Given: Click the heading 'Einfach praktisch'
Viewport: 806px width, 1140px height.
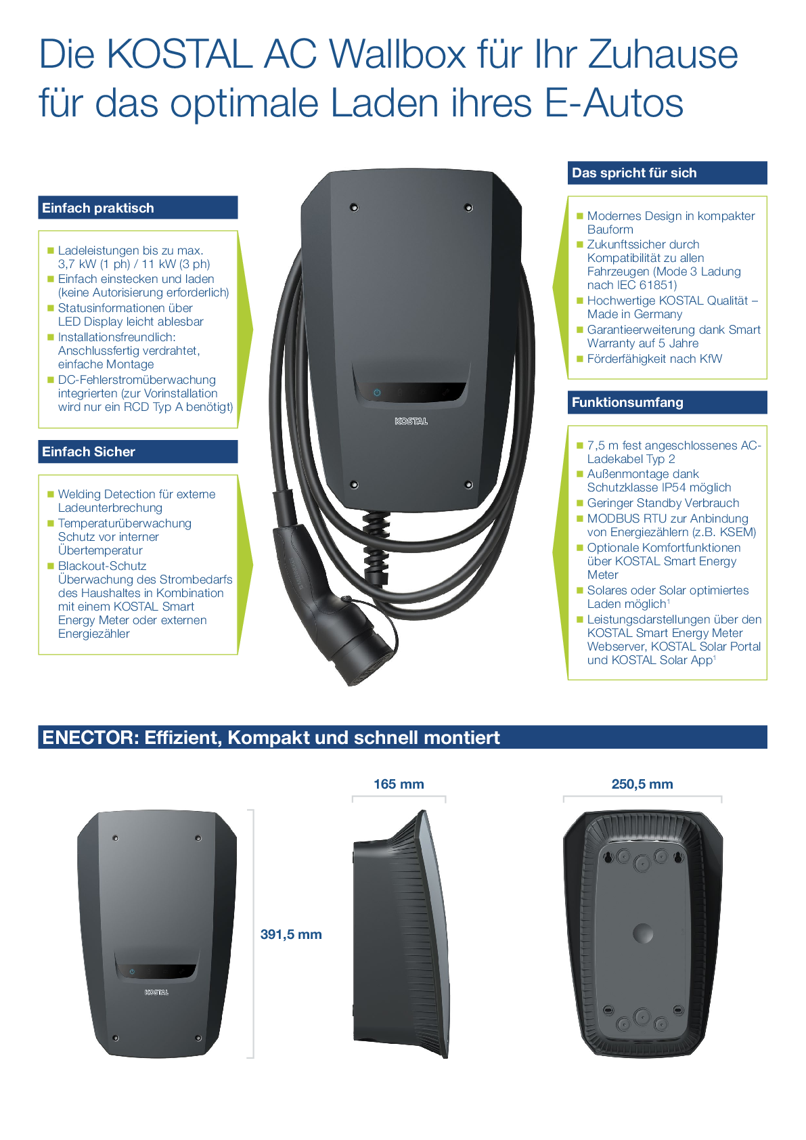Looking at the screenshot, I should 98,208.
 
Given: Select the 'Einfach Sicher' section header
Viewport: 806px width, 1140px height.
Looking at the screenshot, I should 89,452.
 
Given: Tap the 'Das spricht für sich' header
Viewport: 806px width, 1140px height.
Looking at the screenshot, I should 634,173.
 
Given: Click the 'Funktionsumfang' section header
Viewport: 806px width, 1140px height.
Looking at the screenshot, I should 627,402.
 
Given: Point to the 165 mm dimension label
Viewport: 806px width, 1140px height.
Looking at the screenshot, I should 399,784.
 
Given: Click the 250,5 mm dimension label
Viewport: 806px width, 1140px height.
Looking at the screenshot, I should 642,784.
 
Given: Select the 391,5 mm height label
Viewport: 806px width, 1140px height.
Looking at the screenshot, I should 291,934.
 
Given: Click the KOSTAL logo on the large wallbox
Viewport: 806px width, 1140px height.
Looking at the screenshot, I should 411,421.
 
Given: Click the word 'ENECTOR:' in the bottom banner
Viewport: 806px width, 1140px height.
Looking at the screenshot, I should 90,737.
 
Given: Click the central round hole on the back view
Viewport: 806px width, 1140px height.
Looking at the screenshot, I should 642,934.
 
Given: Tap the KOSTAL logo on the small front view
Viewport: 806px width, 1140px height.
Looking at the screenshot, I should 156,992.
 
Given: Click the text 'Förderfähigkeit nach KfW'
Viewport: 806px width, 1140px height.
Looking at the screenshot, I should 654,359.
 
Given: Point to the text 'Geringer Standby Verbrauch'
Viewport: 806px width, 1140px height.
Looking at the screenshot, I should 663,503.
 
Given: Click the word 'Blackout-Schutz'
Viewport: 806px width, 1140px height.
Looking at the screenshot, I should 102,566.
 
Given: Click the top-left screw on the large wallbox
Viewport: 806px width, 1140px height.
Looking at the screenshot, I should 353,207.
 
